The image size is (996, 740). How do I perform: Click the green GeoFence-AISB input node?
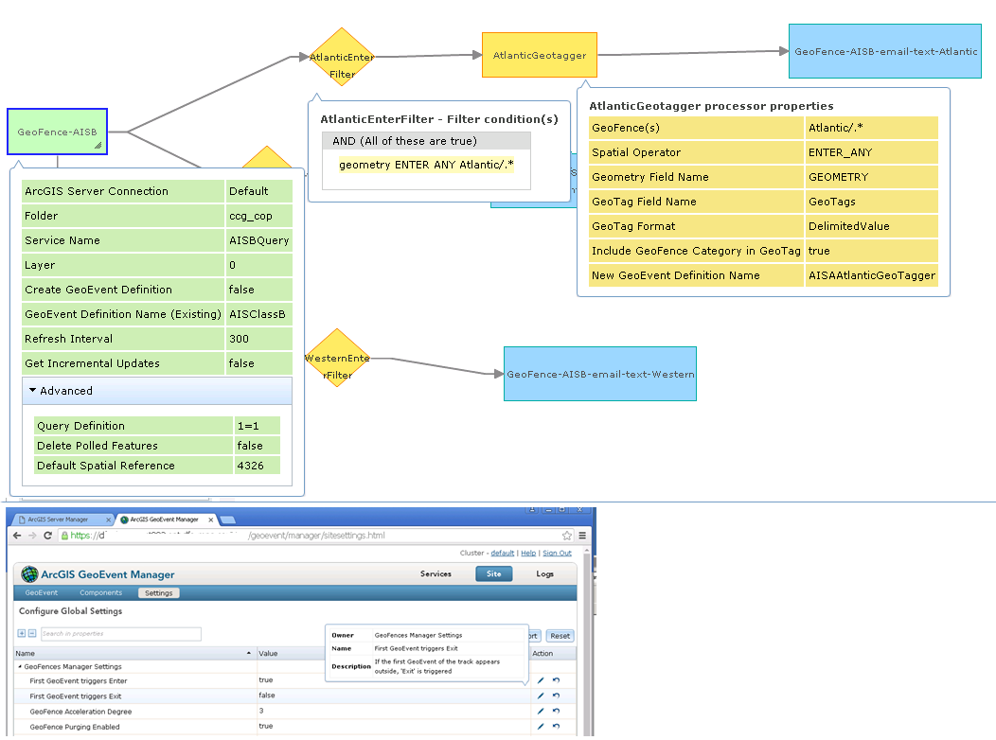coord(57,132)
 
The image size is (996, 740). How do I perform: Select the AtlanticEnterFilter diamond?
coord(342,58)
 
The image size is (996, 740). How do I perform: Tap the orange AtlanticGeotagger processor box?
coord(539,56)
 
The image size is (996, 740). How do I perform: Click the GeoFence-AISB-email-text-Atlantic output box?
coord(885,51)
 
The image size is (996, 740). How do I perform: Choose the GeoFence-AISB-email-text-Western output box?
coord(600,374)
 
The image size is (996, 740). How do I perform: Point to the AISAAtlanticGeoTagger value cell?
coord(871,275)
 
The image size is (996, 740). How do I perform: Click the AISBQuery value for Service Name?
coord(258,240)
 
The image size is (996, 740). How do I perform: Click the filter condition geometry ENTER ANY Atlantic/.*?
coord(426,165)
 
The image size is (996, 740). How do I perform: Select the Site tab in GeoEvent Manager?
coord(494,573)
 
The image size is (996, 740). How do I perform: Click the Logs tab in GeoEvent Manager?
coord(544,573)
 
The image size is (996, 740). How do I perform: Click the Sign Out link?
coord(557,553)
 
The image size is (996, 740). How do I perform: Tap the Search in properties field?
coord(120,634)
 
